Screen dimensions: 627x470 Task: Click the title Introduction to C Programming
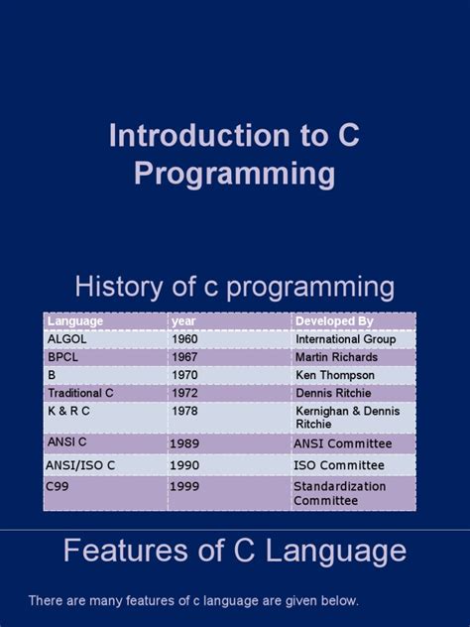coord(234,156)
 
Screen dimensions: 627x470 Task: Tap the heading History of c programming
coord(234,288)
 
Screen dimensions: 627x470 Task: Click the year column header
coord(183,321)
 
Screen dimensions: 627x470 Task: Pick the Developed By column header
coord(334,321)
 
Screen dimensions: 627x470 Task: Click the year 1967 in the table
coord(184,357)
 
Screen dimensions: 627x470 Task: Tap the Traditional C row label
coord(80,393)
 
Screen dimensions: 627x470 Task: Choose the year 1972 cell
coord(184,393)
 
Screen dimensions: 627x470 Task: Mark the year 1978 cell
coord(184,410)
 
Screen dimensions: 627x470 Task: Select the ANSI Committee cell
coord(342,443)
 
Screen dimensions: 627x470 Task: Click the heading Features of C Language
coord(234,552)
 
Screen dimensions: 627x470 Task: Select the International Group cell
coord(345,339)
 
